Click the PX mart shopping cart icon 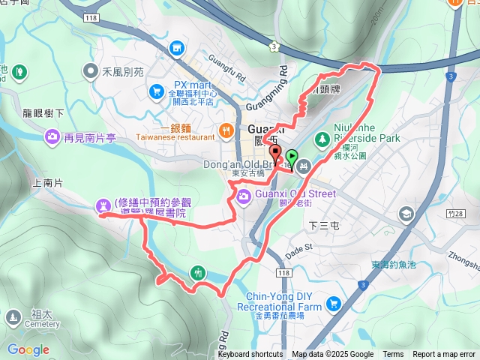[157, 91]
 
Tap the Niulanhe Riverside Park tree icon [322, 139]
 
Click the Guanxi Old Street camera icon [244, 196]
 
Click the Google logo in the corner [28, 349]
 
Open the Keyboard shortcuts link [250, 355]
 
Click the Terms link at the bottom [393, 355]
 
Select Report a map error [443, 355]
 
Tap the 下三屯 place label [325, 223]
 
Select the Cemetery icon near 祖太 [13, 318]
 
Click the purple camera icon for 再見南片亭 [52, 136]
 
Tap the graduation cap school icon [406, 214]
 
